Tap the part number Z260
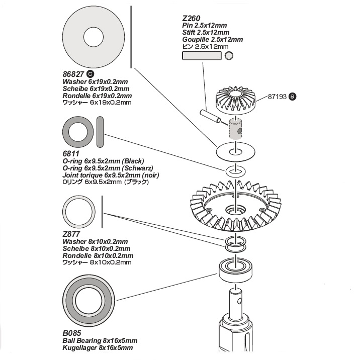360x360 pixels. (x=191, y=17)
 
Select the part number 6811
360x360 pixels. (x=70, y=153)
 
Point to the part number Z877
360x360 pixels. (x=71, y=234)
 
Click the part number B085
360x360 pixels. (x=71, y=333)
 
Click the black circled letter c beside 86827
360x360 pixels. (x=91, y=74)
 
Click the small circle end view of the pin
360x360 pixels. (x=229, y=56)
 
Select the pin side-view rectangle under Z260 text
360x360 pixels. (x=202, y=56)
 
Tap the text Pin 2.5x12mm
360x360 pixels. (x=205, y=25)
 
